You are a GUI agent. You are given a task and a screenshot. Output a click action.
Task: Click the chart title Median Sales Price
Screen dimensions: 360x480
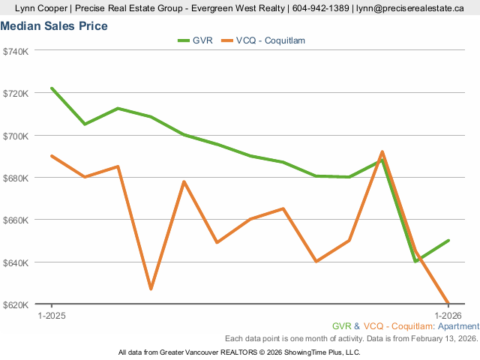(54, 26)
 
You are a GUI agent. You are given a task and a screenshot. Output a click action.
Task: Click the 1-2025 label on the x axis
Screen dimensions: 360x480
(52, 316)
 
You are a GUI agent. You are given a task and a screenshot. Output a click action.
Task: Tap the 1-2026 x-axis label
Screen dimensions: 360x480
(448, 316)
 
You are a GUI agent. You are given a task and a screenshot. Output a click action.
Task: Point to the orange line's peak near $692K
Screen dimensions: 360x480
(382, 152)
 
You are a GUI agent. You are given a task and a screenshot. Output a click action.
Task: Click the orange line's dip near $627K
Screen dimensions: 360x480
(151, 289)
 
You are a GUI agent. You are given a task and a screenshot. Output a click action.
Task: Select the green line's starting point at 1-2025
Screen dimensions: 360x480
(52, 88)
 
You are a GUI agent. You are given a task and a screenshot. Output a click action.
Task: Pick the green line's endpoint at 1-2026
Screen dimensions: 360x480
(448, 241)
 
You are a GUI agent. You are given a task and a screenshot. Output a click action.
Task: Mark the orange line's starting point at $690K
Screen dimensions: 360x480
(52, 156)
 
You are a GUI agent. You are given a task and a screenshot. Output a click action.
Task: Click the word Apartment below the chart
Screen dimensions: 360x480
(458, 326)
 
